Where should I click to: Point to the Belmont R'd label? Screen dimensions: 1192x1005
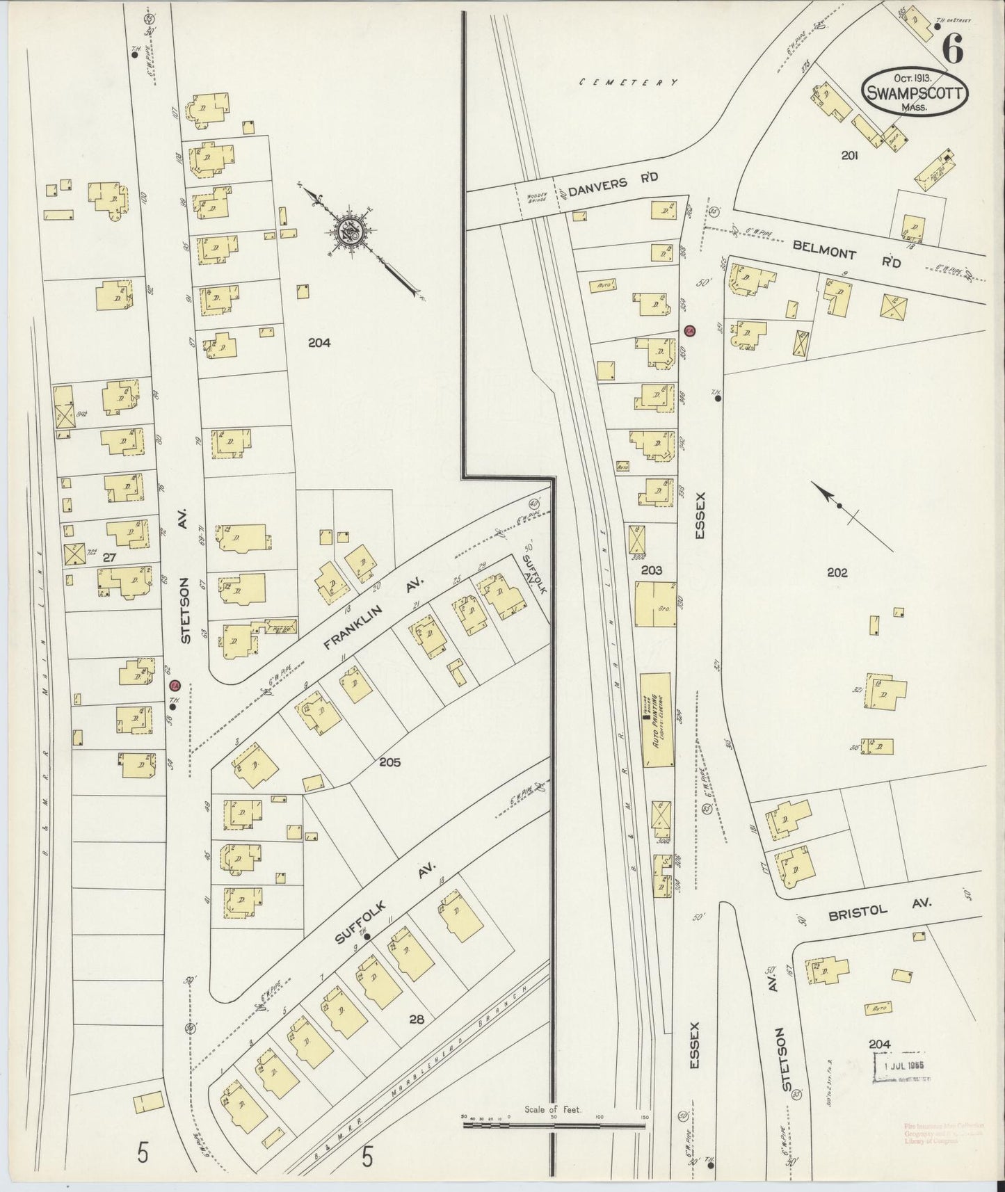click(x=847, y=255)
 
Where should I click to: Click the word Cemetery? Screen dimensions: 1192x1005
click(x=629, y=82)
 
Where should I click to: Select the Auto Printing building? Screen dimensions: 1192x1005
click(x=657, y=720)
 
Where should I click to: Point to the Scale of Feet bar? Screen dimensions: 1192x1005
click(x=554, y=1138)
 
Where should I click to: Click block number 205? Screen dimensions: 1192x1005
click(x=390, y=762)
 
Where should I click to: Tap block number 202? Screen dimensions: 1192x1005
click(x=837, y=572)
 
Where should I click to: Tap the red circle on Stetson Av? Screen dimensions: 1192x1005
click(x=175, y=686)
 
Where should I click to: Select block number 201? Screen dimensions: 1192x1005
click(x=849, y=156)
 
